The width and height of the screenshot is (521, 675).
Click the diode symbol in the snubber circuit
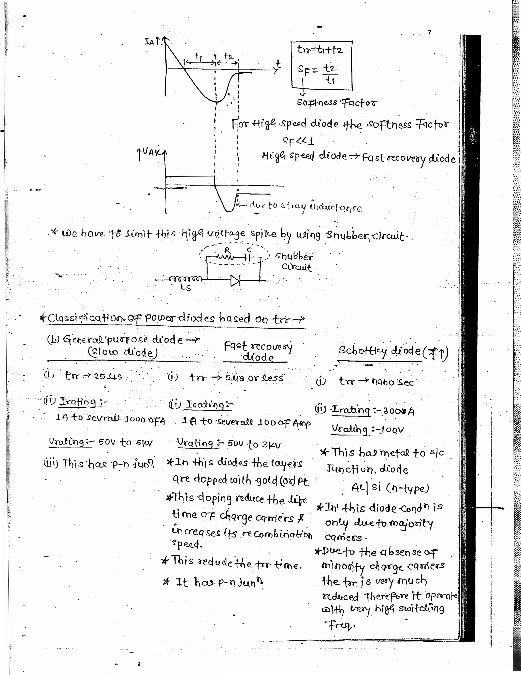point(235,281)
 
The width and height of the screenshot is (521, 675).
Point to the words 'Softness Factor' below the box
point(337,102)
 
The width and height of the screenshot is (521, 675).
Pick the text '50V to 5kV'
point(125,443)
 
